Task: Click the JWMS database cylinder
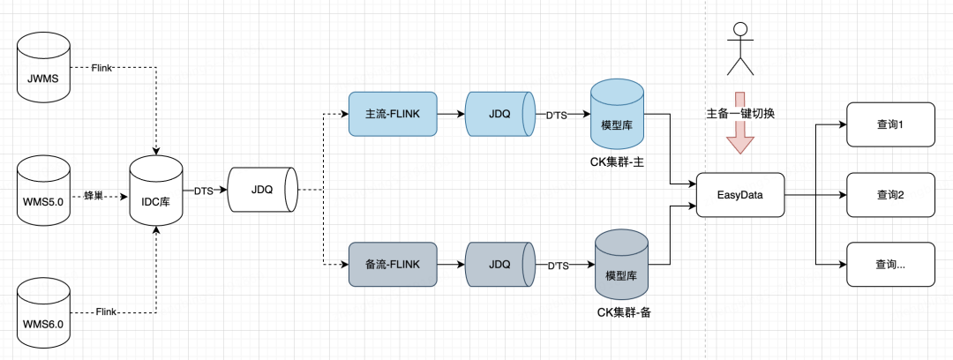tap(43, 68)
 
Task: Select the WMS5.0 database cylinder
tap(43, 189)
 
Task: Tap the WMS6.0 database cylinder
tap(43, 312)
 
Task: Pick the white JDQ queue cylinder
tap(263, 190)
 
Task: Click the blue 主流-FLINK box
tap(393, 114)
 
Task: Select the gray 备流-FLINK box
tap(393, 265)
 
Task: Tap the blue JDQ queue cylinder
tap(499, 114)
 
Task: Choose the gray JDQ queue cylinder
tap(499, 265)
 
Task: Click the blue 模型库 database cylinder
tap(618, 114)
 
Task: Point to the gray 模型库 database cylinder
tap(621, 265)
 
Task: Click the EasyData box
tap(740, 195)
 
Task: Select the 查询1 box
tap(891, 124)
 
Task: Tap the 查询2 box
tap(891, 195)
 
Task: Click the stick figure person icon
tap(739, 49)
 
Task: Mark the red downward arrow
tap(739, 124)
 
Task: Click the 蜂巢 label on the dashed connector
tap(94, 195)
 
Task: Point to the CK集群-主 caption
tap(618, 162)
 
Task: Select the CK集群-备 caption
tap(624, 313)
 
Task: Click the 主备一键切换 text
tap(740, 114)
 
